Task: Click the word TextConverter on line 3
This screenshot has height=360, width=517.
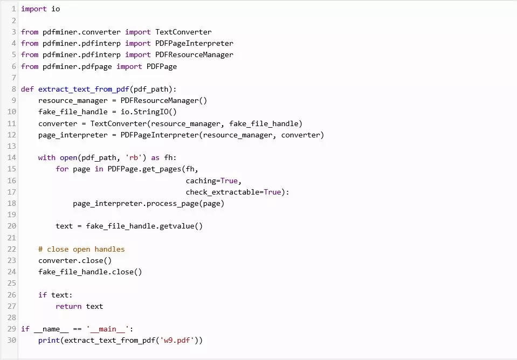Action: click(x=183, y=32)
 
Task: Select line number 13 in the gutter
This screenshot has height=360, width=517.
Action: click(x=11, y=146)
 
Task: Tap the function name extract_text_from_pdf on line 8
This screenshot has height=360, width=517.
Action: click(x=84, y=89)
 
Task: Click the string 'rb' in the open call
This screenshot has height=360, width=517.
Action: click(x=134, y=157)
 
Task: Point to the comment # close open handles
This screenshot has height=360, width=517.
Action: click(x=81, y=249)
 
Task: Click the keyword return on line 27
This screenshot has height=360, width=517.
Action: click(x=68, y=307)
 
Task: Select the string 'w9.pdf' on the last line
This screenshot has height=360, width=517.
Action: click(x=177, y=340)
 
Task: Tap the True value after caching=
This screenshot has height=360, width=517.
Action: click(x=229, y=181)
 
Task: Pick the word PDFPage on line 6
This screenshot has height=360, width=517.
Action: click(x=162, y=67)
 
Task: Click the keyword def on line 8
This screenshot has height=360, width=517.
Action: click(x=27, y=89)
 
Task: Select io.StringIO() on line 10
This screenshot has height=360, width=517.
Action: click(x=149, y=112)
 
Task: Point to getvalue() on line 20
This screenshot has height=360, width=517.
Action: click(x=181, y=226)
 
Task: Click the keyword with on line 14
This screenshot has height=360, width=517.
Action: click(x=47, y=157)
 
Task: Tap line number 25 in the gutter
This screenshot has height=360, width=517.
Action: click(x=11, y=283)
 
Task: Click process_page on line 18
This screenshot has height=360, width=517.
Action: click(x=173, y=204)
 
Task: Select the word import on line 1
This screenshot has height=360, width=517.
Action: click(x=34, y=9)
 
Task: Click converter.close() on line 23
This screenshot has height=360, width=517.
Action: click(x=75, y=260)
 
